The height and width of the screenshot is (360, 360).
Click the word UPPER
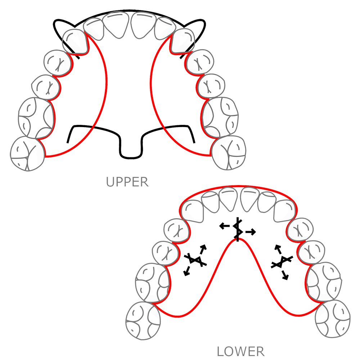(x=127, y=182)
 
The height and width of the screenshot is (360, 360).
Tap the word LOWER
(x=240, y=351)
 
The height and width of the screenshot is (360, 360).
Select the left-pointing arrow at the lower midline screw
(x=225, y=226)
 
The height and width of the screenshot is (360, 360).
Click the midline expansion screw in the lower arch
(x=237, y=229)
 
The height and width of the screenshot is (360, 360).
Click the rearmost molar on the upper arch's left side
(x=26, y=153)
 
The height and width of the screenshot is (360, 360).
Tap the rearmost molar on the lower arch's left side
(x=143, y=321)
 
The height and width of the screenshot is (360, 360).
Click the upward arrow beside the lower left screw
(x=204, y=248)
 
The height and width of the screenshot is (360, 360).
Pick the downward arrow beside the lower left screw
(x=186, y=272)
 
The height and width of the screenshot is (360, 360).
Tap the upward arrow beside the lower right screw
(x=278, y=248)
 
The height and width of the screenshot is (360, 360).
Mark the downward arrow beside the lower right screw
(x=286, y=276)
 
